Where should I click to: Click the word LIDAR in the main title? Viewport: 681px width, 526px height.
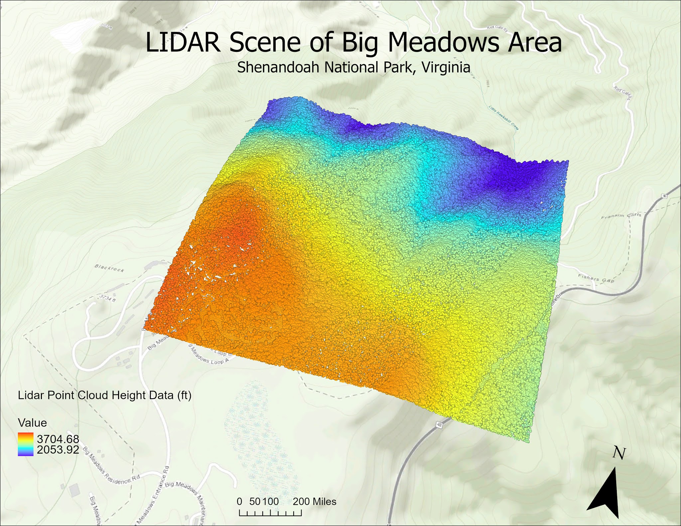click(x=183, y=43)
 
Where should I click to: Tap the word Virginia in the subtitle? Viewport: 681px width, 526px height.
click(x=446, y=67)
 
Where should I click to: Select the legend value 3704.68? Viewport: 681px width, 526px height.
click(x=58, y=439)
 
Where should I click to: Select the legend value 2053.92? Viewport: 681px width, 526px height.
click(x=58, y=450)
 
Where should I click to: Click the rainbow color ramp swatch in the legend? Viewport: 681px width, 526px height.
click(x=26, y=444)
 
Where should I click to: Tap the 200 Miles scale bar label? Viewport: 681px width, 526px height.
click(x=314, y=501)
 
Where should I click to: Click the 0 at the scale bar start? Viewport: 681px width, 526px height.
click(x=239, y=501)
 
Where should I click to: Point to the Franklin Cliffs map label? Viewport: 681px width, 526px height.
click(x=620, y=216)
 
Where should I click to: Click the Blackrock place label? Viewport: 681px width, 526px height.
click(x=109, y=268)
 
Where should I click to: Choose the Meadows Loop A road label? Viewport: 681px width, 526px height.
click(x=209, y=356)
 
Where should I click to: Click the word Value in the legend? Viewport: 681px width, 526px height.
click(x=32, y=423)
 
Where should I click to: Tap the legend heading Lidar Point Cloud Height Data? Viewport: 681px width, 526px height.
click(x=104, y=395)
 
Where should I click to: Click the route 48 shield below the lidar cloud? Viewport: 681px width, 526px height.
click(x=440, y=425)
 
